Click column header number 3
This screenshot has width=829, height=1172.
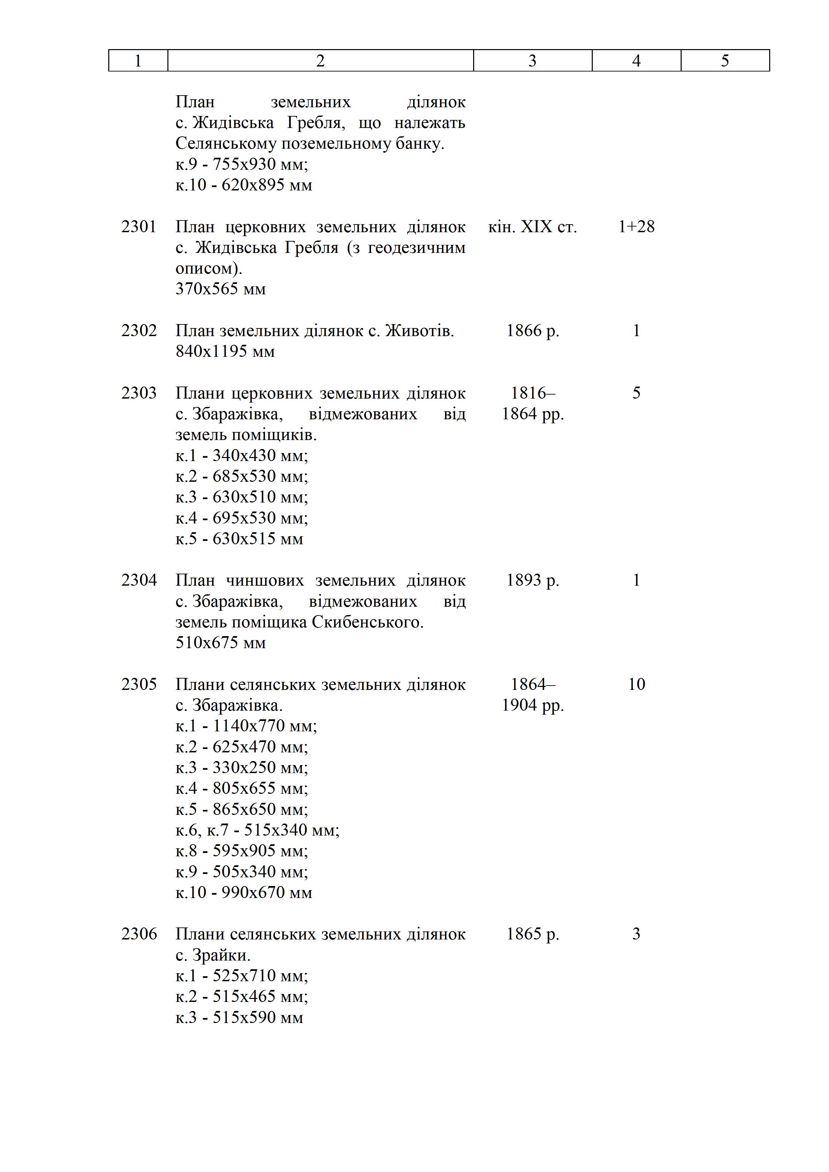pyautogui.click(x=532, y=61)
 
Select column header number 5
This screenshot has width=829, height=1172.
pyautogui.click(x=725, y=61)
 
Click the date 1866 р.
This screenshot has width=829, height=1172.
pyautogui.click(x=532, y=331)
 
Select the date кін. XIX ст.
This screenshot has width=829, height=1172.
pyautogui.click(x=532, y=227)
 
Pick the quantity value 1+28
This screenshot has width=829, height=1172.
pyautogui.click(x=636, y=227)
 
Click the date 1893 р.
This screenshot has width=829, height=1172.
pyautogui.click(x=532, y=580)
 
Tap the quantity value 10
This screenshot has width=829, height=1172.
pyautogui.click(x=636, y=685)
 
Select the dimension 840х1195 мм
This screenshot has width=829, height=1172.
pyautogui.click(x=225, y=352)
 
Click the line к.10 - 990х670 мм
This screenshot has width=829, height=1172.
pyautogui.click(x=244, y=893)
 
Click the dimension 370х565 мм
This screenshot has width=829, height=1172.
pyautogui.click(x=221, y=289)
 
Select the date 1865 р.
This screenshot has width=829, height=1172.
pyautogui.click(x=532, y=934)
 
